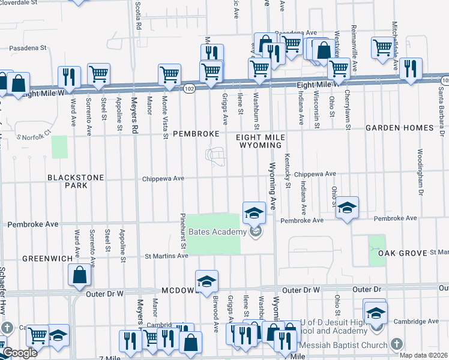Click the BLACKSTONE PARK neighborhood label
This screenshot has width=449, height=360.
click(76, 181)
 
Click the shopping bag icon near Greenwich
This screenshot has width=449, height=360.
click(80, 275)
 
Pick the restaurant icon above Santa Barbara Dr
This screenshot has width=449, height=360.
click(411, 69)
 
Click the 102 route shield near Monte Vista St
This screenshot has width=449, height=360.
click(188, 88)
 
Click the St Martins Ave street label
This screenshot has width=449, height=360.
click(167, 256)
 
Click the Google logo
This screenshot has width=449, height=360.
click(19, 353)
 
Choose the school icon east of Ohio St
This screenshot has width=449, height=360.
click(347, 208)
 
